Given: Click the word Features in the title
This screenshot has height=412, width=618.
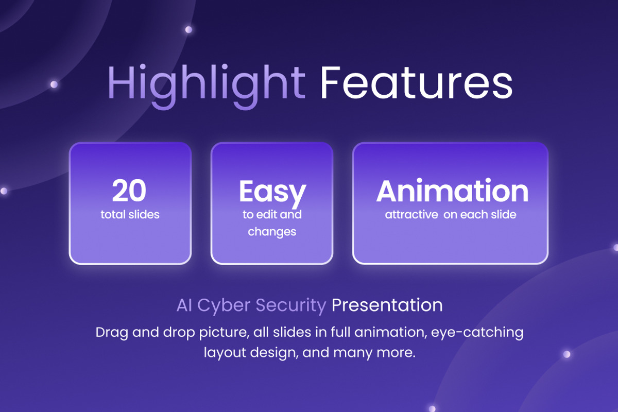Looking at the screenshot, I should point(416,82).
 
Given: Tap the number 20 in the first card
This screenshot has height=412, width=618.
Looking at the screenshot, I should point(129,191).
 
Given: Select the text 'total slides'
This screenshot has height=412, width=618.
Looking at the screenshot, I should point(130,214).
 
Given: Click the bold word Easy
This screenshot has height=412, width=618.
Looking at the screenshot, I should point(272,192).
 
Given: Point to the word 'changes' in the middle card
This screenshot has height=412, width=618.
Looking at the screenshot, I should point(272,232).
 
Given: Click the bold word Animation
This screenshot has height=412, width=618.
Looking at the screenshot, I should point(452,191).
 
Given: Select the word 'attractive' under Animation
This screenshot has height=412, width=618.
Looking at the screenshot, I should point(410,214).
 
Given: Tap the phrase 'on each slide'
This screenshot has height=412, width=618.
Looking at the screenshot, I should point(479,214).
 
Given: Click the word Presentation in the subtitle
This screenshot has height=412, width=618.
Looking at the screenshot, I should point(387,305).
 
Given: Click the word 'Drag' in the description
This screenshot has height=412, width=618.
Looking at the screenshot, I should point(111,332).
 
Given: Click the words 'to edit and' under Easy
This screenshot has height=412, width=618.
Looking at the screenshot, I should point(272,214).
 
